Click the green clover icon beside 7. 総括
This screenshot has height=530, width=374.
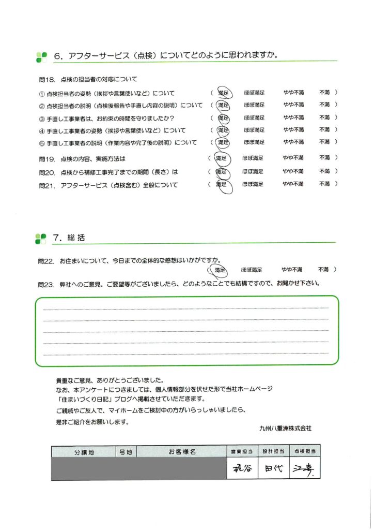coord(41,239)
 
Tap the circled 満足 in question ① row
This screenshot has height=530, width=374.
coord(224,93)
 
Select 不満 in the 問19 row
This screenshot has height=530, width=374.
coord(324,158)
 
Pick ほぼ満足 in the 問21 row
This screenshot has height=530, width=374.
coord(253,184)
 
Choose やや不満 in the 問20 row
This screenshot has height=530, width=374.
coord(292,171)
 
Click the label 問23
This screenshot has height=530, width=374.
coord(46,284)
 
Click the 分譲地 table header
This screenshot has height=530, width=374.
coord(83,452)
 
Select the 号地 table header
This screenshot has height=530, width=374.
coord(126,452)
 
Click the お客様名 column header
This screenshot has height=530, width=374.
coord(182,452)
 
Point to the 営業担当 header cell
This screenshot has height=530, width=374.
coord(241,452)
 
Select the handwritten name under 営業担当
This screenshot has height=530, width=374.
coord(241,470)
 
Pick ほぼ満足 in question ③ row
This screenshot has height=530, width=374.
coord(254,118)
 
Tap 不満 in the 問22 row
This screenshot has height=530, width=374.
coord(324,270)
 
